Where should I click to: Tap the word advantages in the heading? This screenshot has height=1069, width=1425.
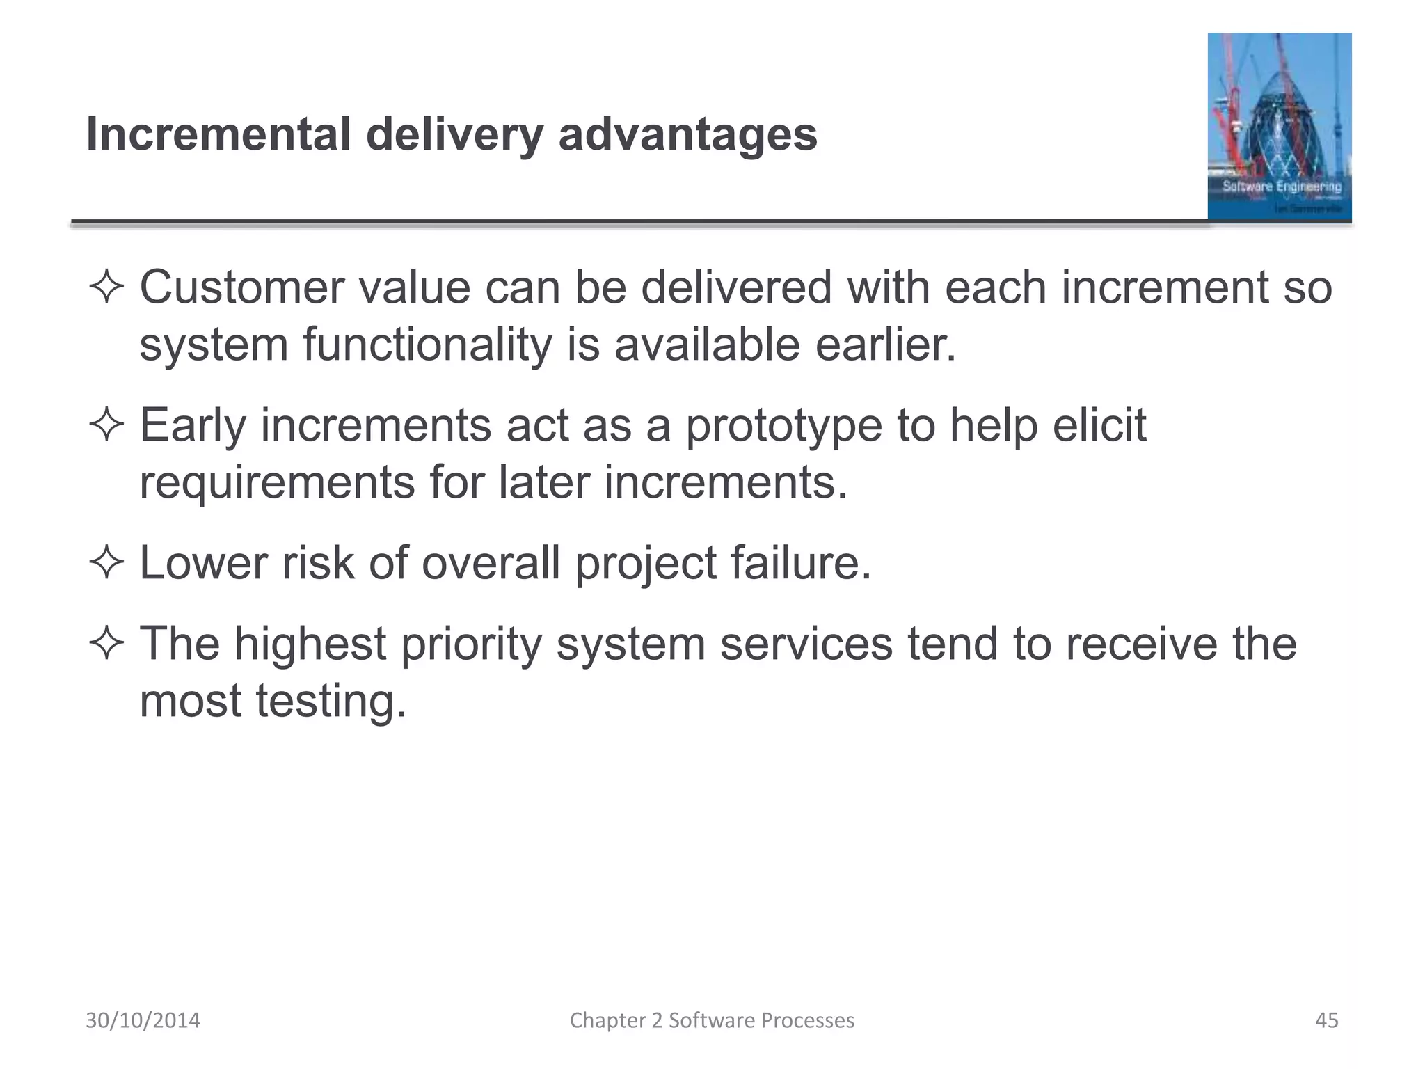coord(687,135)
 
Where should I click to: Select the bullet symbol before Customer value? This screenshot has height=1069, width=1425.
coord(106,288)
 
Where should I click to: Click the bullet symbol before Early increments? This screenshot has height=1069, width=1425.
coord(106,425)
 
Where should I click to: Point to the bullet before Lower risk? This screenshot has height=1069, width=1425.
coord(106,563)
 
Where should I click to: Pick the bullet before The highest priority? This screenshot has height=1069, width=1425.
coord(106,644)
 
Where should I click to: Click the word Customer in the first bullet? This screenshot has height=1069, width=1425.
coord(241,287)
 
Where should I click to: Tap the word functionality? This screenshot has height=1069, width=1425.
coord(427,346)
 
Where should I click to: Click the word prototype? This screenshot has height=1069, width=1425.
coord(783,427)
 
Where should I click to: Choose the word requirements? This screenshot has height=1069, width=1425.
coord(277,483)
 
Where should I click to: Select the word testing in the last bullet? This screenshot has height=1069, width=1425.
coord(331,702)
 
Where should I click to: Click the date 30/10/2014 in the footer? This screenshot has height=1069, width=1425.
coord(143,1020)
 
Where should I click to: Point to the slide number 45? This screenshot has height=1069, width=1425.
coord(1326,1020)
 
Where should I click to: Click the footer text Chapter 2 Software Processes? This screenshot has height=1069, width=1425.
coord(712,1020)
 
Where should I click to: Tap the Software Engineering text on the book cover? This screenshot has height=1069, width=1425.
coord(1282,187)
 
